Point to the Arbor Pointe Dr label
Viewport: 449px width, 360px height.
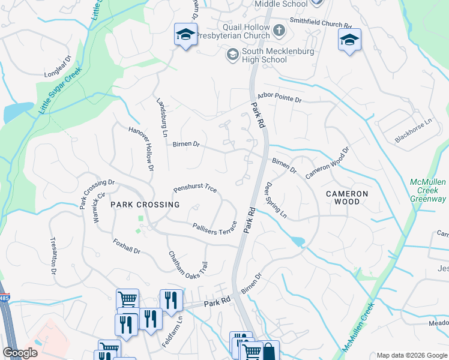[x=280, y=97]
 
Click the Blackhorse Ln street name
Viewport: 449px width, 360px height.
[x=414, y=131]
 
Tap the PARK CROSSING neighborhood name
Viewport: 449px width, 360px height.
[x=145, y=205]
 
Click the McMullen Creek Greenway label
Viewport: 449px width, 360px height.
[x=428, y=190]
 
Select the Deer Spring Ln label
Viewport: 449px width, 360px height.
[x=276, y=200]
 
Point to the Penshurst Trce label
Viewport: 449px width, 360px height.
[x=195, y=188]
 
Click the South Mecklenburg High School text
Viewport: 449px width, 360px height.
[x=265, y=56]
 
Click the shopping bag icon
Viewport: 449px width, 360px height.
[x=270, y=352]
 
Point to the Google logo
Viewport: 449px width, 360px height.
[x=20, y=353]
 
